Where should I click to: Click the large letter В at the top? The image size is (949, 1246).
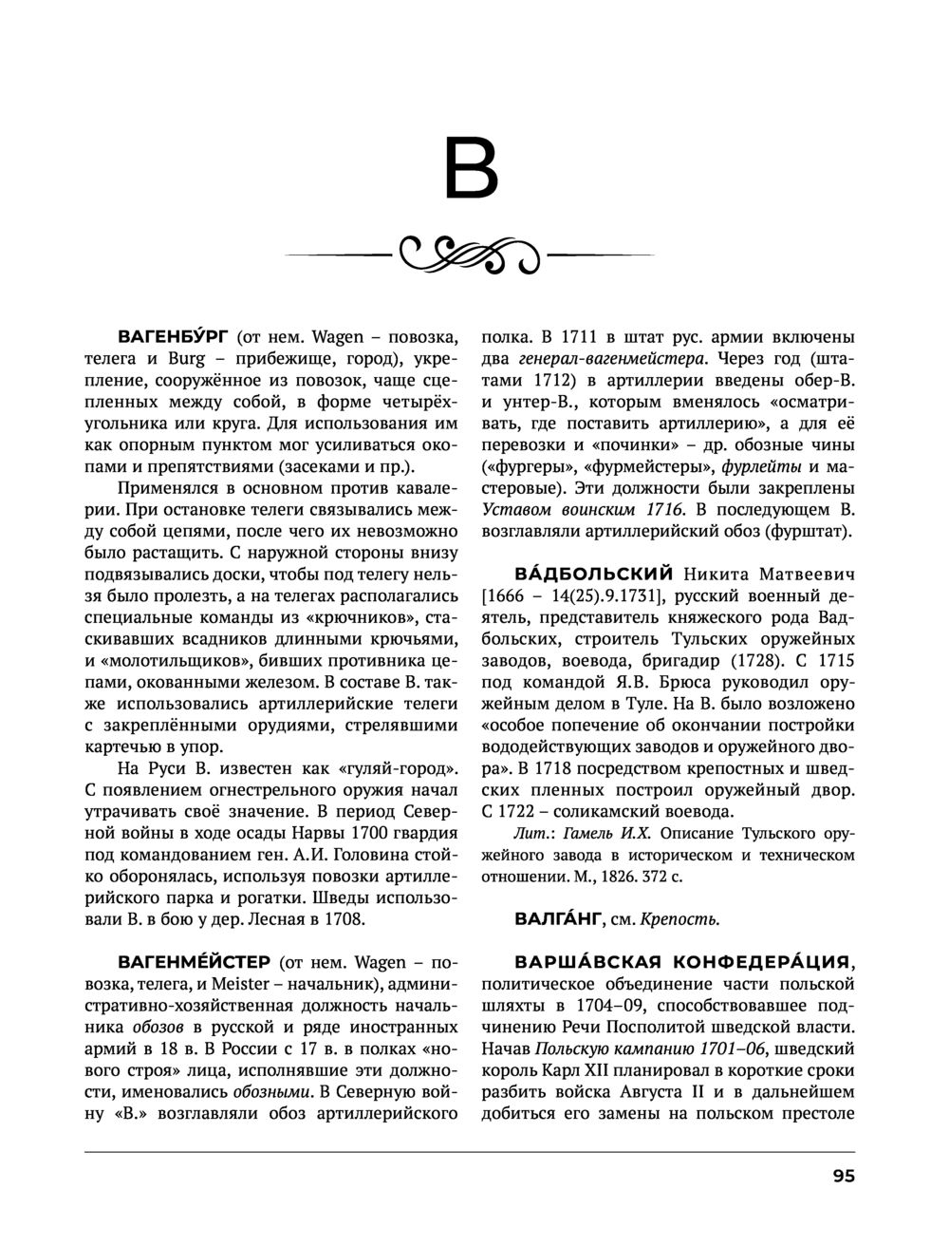pos(471,170)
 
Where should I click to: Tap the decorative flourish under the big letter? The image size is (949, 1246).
pos(471,255)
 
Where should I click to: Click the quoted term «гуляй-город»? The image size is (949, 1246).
pos(399,767)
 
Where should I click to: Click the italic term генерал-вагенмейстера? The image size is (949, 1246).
pos(612,359)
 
